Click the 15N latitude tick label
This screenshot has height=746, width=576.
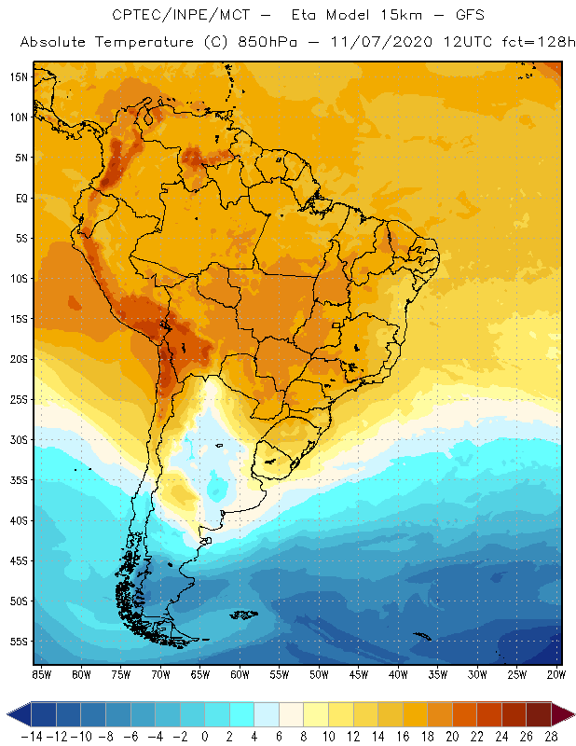click(20, 76)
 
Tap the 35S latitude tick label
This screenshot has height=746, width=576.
click(20, 480)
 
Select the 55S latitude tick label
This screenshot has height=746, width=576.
click(20, 642)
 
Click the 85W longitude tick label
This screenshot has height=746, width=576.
click(41, 674)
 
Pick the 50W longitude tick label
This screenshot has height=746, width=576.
click(320, 674)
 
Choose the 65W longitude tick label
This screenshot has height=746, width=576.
click(200, 674)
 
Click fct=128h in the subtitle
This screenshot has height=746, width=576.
click(532, 43)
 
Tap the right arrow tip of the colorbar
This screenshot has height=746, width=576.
click(570, 714)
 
